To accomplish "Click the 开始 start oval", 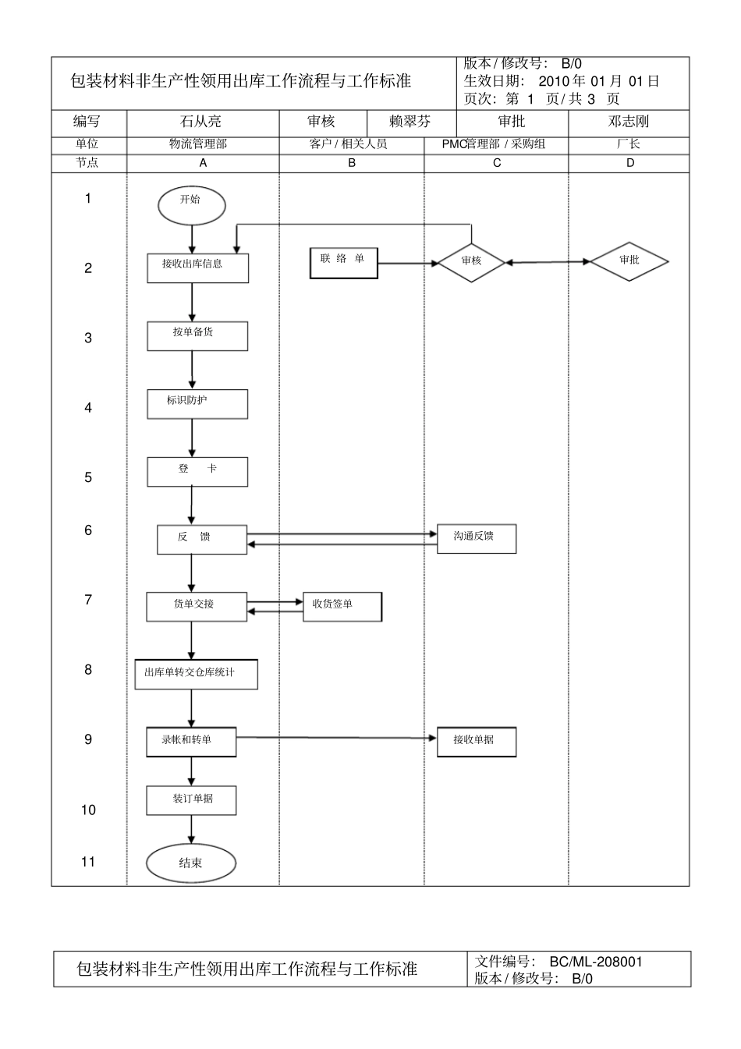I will pos(191,204).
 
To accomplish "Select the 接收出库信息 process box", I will pos(198,268).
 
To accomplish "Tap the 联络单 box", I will pos(343,263).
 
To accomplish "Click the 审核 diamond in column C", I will pos(471,261).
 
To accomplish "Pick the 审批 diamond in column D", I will pos(629,261).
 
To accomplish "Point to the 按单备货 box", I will pos(197,336).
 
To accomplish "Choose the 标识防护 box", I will pos(197,404).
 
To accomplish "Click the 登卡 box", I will pos(197,472).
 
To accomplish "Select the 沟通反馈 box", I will pos(476,538).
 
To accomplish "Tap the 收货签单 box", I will pos(342,606).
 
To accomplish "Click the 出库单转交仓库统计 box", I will pos(196,674).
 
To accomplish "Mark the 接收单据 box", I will pos(476,742).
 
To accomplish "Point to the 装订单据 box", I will pos(191,800).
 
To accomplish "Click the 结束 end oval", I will pos(191,863).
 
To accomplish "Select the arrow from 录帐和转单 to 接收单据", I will pos(335,738).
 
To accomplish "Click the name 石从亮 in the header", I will pos(201,122).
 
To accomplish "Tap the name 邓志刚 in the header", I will pos(628,122).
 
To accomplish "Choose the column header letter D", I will pos(629,163).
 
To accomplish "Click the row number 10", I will pos(88,810).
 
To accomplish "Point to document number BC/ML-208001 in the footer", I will pos(596,962).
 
